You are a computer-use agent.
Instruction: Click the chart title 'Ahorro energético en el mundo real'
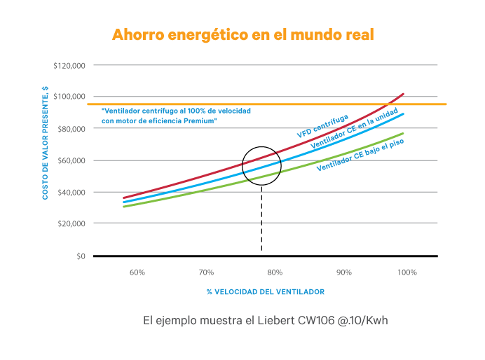point(242,34)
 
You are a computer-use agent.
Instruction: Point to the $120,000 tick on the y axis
point(69,65)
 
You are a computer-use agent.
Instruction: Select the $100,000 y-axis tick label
point(69,97)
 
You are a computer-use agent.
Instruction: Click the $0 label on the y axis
point(79,256)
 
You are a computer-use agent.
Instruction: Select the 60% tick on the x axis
point(137,272)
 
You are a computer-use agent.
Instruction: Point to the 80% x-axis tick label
point(274,272)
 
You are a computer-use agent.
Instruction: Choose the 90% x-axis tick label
point(343,272)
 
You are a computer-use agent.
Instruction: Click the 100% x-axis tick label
point(408,272)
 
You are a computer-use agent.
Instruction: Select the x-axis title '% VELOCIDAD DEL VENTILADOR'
point(266,291)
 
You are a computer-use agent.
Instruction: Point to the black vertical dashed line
point(261,217)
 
